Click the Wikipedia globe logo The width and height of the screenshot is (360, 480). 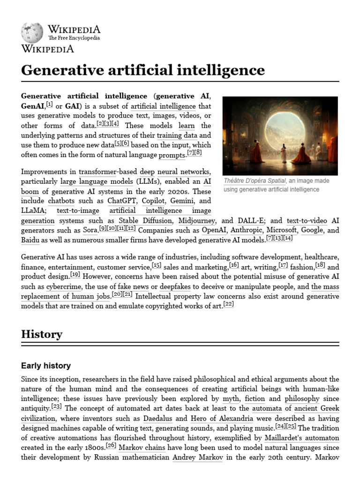(x=32, y=33)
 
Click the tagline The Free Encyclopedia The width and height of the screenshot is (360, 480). (x=74, y=38)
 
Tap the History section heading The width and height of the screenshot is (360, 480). (x=42, y=334)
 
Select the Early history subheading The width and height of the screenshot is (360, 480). (x=46, y=365)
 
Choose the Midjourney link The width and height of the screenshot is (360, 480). (x=197, y=220)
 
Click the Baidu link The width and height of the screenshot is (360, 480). (x=30, y=240)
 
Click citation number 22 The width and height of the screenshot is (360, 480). (x=228, y=304)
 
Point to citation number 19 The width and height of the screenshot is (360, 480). (x=75, y=274)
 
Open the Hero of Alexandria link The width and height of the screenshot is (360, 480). (x=222, y=418)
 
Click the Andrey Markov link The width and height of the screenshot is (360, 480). (x=197, y=457)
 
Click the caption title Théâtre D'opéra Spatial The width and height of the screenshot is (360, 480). (x=255, y=181)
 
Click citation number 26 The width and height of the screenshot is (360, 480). (x=111, y=445)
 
